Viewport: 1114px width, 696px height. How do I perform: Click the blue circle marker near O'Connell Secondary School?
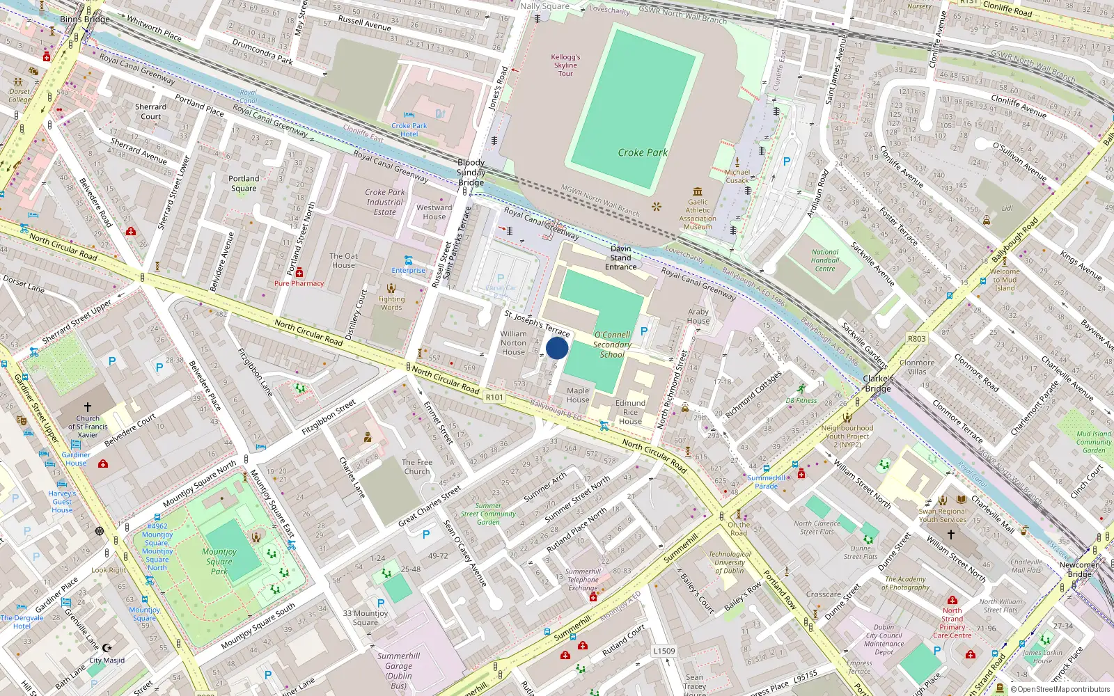coord(557,348)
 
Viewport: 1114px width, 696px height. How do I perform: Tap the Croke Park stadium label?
coord(642,152)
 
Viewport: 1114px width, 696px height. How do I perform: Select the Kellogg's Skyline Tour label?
coord(565,65)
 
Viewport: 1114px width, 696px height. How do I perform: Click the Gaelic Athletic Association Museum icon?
coord(698,191)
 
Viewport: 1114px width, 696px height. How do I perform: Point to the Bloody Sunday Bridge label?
coord(471,172)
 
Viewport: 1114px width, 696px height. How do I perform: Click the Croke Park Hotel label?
coord(409,130)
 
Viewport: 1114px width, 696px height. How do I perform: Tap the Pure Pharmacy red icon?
coord(299,272)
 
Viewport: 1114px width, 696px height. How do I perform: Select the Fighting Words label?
coord(391,303)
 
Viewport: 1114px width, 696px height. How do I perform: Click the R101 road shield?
coord(494,397)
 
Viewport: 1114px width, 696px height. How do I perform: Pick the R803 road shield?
coord(917,339)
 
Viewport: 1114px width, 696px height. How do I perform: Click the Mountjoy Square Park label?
coord(219,561)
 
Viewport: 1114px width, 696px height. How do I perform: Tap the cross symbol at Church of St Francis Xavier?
coord(88,406)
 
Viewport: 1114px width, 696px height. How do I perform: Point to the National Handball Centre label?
coord(825,260)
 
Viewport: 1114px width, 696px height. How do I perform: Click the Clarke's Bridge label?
coord(877,383)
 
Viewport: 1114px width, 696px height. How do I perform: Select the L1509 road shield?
coord(664,651)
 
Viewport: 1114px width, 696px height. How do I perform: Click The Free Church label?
coord(417,466)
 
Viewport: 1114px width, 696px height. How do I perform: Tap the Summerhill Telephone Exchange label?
coord(583,579)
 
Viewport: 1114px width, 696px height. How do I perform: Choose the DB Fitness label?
coord(801,400)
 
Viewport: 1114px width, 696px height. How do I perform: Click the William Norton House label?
coord(513,342)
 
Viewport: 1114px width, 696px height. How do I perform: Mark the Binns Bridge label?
coord(85,19)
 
